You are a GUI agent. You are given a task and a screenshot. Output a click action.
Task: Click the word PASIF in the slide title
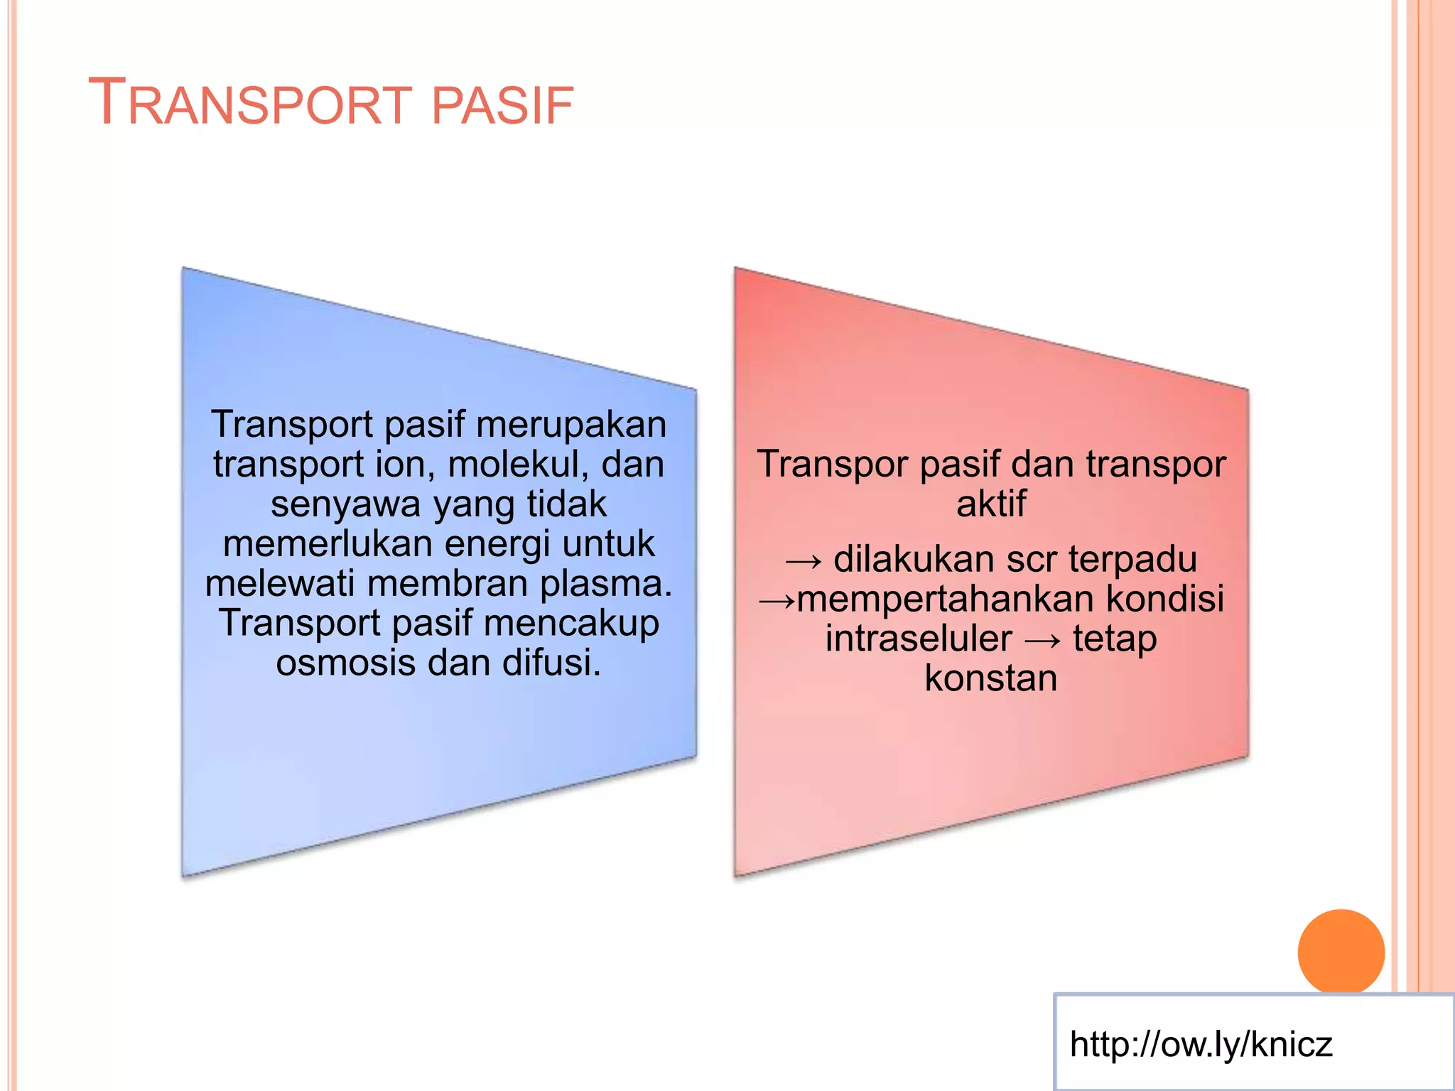point(502,106)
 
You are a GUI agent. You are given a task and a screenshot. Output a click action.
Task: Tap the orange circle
point(1341,952)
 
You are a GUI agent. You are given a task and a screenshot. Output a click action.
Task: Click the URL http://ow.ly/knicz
point(1201,1044)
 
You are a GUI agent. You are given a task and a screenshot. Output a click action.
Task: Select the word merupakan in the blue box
point(571,425)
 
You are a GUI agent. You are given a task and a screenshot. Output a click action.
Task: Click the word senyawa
point(345,504)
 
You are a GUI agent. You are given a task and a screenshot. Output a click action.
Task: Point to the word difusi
point(551,663)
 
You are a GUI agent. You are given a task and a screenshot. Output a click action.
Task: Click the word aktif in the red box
point(991,504)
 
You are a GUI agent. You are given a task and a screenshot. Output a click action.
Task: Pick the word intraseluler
point(918,638)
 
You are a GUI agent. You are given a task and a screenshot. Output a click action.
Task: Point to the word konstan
point(990,678)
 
